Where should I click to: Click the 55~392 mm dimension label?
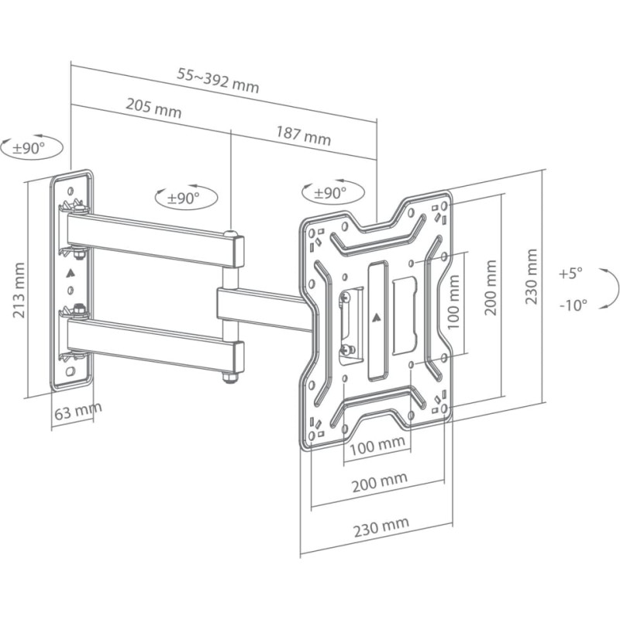[x=218, y=79]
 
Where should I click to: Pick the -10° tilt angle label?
[x=573, y=305]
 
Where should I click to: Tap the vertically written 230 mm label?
[x=531, y=277]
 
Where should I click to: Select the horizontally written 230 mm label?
[x=381, y=529]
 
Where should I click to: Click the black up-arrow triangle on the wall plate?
[x=71, y=272]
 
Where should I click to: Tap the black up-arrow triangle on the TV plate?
[x=377, y=316]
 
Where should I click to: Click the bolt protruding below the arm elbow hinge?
[x=229, y=377]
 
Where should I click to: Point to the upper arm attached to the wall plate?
[x=151, y=238]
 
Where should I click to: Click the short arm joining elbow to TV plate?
[x=263, y=308]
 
